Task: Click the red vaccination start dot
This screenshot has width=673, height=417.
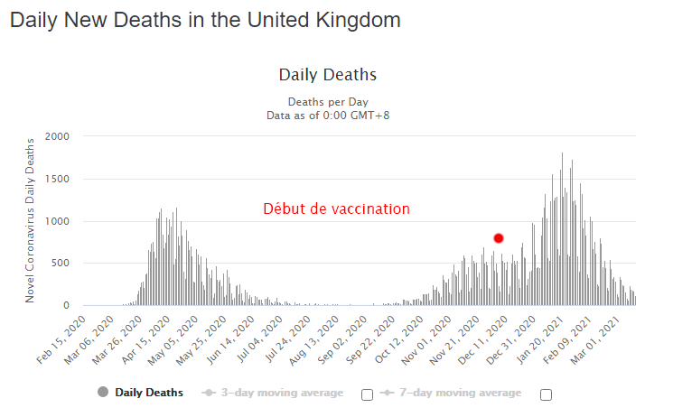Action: tap(499, 238)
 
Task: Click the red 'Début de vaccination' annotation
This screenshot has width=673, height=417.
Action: tap(336, 208)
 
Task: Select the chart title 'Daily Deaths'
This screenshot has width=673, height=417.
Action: tap(327, 75)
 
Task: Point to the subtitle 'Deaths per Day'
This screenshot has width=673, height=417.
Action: tap(328, 101)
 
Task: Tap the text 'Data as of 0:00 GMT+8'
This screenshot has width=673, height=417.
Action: tap(328, 115)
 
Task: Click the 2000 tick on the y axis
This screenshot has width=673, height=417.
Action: tap(56, 136)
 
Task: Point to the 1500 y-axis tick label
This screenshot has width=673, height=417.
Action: tap(56, 179)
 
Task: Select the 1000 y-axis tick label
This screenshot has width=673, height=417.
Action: tap(56, 221)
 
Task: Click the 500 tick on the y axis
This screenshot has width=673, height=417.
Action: tap(60, 264)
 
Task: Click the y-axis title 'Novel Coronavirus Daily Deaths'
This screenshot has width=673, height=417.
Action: tap(30, 220)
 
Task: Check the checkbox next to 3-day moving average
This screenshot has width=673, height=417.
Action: tap(367, 394)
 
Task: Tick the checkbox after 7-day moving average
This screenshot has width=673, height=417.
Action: tap(545, 394)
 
